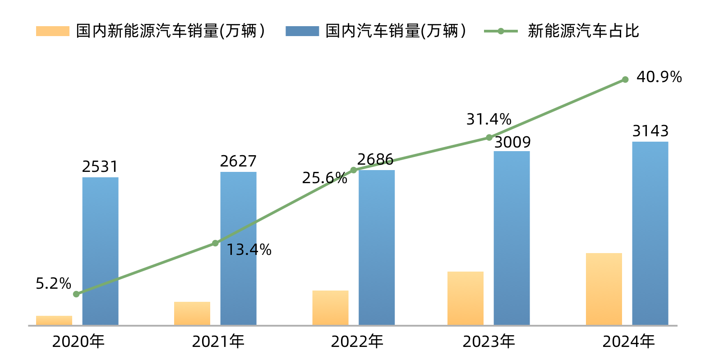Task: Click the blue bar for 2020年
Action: tap(100, 251)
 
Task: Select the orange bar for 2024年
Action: tap(604, 289)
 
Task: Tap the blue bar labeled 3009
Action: tap(512, 238)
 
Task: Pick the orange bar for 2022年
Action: tap(330, 308)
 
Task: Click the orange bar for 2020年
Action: tap(54, 320)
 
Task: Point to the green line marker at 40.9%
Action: tap(625, 79)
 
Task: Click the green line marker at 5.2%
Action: tap(76, 294)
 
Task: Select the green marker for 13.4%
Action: tap(215, 243)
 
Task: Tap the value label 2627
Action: tap(238, 161)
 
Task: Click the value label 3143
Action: tap(650, 131)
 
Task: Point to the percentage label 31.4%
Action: tap(489, 119)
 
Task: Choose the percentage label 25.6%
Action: tap(324, 178)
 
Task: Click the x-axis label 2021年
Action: tap(218, 342)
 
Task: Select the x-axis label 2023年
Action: tap(489, 342)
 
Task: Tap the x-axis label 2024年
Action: tap(628, 342)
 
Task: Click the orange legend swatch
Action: tap(53, 31)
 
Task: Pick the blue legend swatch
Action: tap(302, 31)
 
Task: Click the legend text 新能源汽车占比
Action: tap(583, 31)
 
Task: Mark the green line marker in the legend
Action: tap(501, 31)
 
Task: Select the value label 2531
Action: tap(100, 167)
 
